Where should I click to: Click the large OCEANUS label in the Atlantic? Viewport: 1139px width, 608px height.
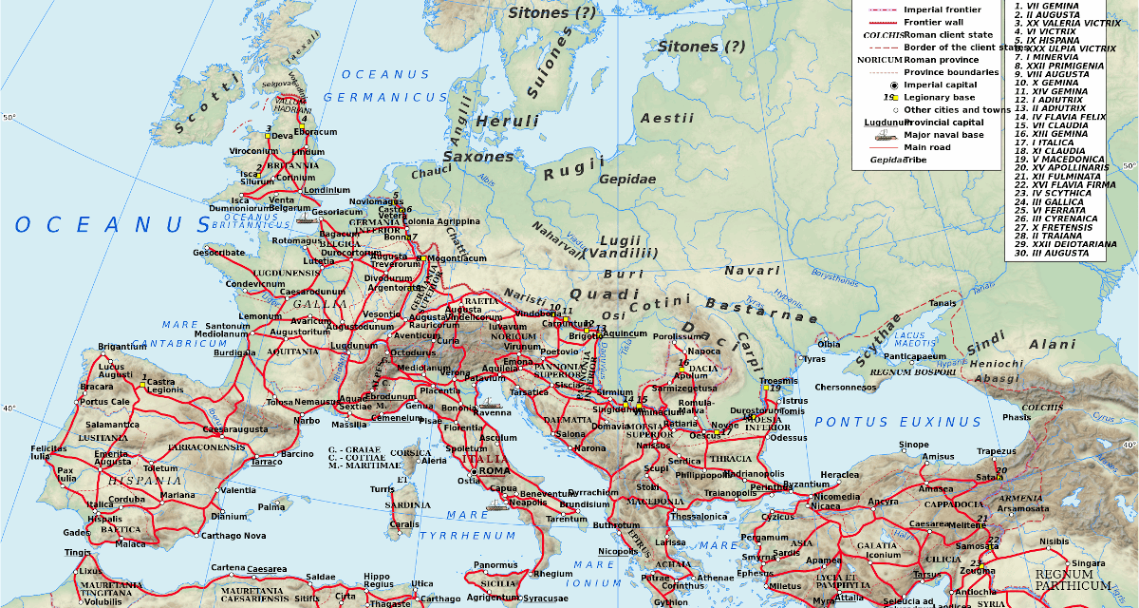[112, 225]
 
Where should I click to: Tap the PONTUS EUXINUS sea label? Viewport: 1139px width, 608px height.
[898, 422]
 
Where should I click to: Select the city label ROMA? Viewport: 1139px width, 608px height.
[494, 471]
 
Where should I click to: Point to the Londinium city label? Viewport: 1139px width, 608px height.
[326, 190]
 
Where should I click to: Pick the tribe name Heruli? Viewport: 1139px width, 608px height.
[507, 122]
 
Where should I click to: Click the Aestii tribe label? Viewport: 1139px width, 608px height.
[661, 118]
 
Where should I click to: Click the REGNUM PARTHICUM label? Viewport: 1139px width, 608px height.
[1073, 579]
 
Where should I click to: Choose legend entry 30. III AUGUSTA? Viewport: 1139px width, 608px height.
[1051, 253]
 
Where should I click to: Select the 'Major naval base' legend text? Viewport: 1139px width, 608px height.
[945, 135]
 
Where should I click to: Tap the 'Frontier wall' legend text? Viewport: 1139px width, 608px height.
[936, 21]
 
